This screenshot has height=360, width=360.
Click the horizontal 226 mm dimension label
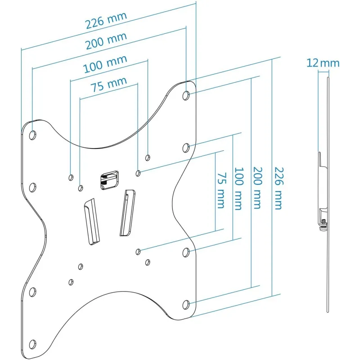click(x=106, y=20)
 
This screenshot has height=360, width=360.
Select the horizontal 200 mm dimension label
click(x=106, y=41)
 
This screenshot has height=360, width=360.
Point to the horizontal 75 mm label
click(x=109, y=84)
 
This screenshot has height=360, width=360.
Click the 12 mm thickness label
click(x=323, y=63)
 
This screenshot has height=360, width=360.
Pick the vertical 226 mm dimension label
click(x=279, y=188)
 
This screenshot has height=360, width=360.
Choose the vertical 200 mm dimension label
click(x=257, y=188)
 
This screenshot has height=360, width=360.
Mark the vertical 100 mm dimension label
click(x=239, y=189)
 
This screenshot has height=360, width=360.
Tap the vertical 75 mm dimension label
click(x=221, y=190)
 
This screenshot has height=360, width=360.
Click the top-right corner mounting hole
click(x=186, y=95)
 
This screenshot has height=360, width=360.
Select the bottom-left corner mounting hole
click(x=32, y=344)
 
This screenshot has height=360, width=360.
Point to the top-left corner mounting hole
click(x=32, y=135)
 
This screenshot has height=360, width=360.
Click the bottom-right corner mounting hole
click(x=186, y=305)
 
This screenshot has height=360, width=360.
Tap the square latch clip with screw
click(x=109, y=180)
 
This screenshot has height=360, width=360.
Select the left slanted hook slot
click(x=92, y=222)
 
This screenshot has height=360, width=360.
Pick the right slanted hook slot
click(x=127, y=212)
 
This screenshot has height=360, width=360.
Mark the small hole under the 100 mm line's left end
click(x=71, y=177)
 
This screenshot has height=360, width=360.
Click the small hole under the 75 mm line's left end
click(x=81, y=188)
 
